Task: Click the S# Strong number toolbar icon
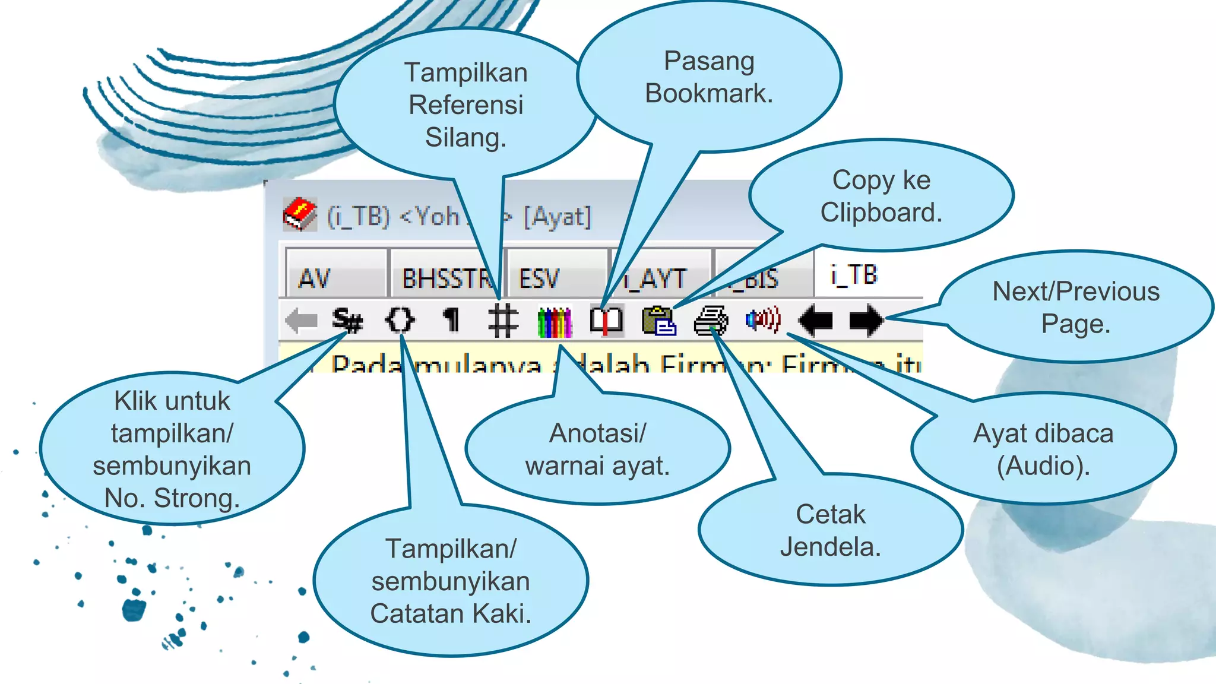pos(347,321)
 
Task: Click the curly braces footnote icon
pos(400,320)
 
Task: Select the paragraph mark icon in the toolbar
pos(452,321)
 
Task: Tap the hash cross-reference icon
pos(503,321)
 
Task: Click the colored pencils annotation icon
pos(555,321)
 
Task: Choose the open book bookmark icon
pos(606,321)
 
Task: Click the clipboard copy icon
pos(658,321)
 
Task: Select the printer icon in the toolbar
pos(711,321)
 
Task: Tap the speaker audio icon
pos(763,320)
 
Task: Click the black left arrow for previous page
pos(816,321)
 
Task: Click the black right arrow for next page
pos(866,321)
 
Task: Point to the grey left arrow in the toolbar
pos(301,321)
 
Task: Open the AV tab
pos(315,278)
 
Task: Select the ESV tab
pos(539,278)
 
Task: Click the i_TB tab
pos(853,275)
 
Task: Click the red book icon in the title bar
pos(300,214)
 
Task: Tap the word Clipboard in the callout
pos(881,213)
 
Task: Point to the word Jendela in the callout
pos(830,547)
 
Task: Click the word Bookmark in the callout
pos(709,93)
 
